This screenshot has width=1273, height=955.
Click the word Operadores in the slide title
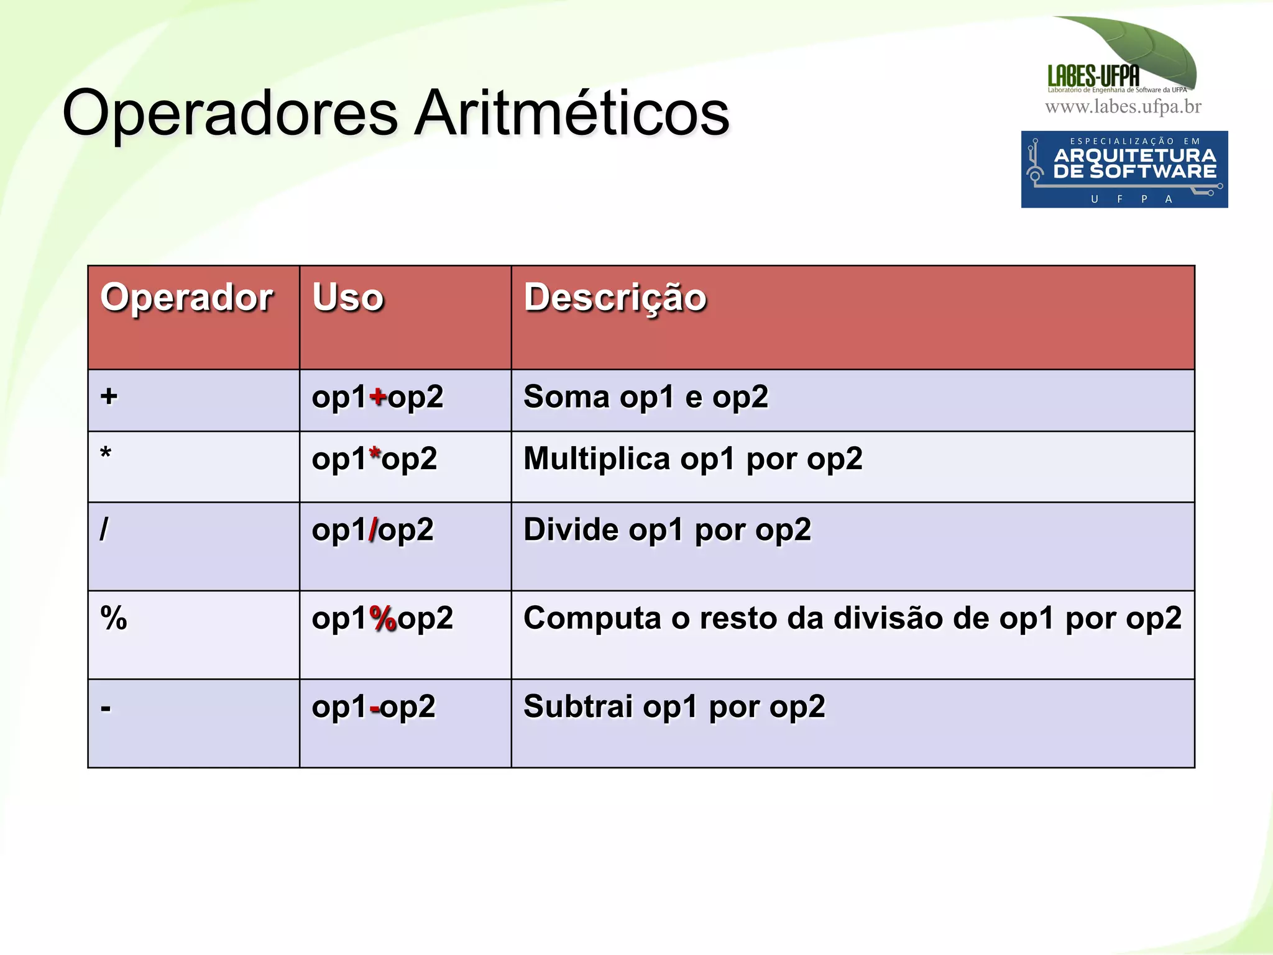[230, 113]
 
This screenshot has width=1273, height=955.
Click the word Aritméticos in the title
[572, 113]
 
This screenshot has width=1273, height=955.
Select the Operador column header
[186, 297]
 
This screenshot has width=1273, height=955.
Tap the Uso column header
[348, 297]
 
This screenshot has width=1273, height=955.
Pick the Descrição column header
[615, 297]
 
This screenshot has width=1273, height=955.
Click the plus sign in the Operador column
[109, 396]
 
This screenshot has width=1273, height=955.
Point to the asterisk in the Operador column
[106, 454]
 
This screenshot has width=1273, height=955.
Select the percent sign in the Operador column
[114, 618]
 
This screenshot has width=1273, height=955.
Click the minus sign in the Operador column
[106, 708]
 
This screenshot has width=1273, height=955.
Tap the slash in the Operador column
[104, 529]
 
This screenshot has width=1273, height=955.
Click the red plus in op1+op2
[378, 396]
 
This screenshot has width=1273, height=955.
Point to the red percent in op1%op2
[383, 618]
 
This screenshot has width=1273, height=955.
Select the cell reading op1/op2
[373, 530]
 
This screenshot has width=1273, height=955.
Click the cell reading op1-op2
[374, 707]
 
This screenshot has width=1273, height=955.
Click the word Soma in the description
[566, 396]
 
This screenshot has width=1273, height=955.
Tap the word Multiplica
[597, 459]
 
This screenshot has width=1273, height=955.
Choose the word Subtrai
[577, 706]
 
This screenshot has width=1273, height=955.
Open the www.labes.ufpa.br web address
[1123, 107]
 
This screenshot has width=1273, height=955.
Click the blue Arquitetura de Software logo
[1124, 169]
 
